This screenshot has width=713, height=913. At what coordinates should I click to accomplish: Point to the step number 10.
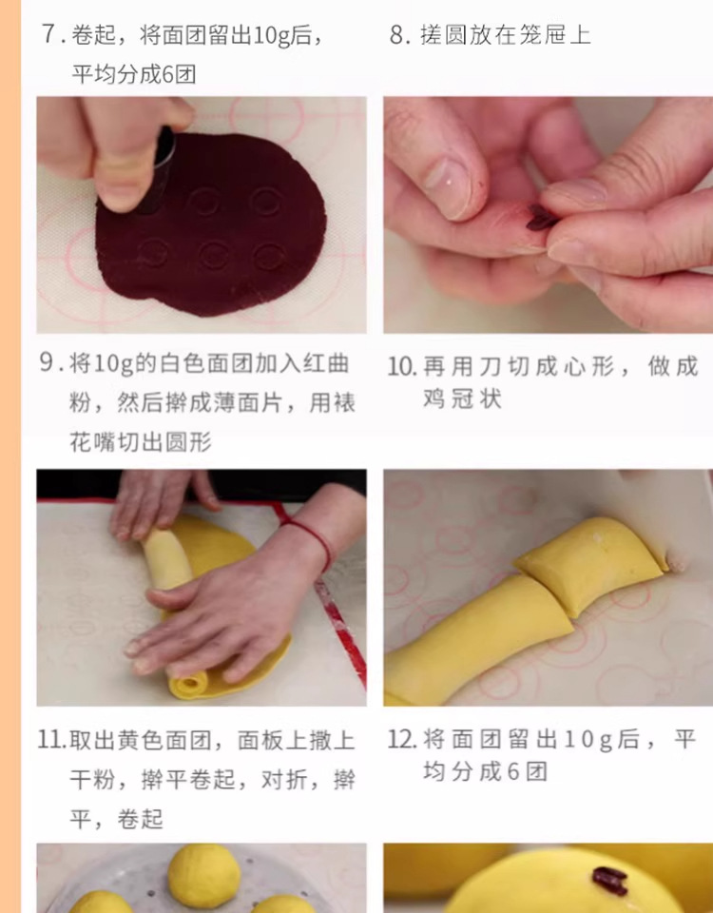(401, 367)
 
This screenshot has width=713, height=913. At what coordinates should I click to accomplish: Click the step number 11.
(52, 740)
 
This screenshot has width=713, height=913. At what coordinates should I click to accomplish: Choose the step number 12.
(402, 740)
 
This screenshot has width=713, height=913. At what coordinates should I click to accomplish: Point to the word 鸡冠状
(462, 399)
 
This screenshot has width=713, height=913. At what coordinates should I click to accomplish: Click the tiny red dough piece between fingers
(540, 218)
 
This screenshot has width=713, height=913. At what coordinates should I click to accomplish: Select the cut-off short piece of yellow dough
(590, 562)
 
